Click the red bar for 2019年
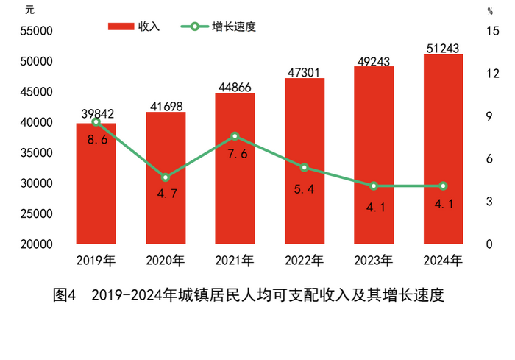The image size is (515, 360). tap(96, 184)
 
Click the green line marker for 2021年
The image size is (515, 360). tap(235, 136)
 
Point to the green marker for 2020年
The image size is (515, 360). tap(166, 177)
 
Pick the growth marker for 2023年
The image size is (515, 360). tap(374, 186)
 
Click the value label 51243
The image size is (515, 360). tap(443, 49)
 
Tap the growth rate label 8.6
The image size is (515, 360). tap(96, 140)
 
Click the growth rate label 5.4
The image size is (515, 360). tap(305, 189)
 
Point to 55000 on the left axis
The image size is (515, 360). tap(37, 32)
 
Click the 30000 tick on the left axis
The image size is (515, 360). tap(37, 183)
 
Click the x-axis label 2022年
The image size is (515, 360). tap(305, 260)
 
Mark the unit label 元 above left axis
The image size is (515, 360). tap(29, 10)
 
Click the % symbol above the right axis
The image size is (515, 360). tap(489, 10)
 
